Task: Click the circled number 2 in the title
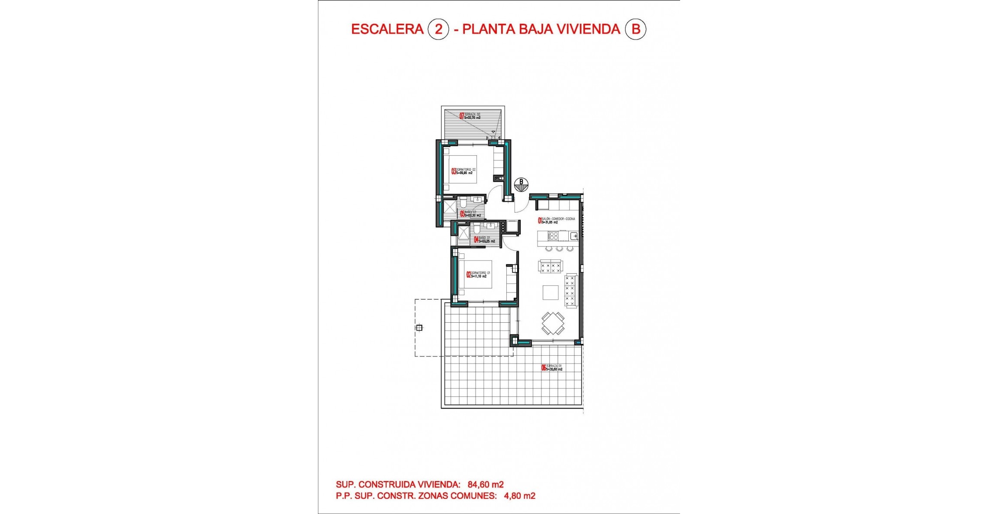(x=438, y=29)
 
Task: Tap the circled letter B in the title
(x=635, y=29)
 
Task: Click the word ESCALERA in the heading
(x=387, y=29)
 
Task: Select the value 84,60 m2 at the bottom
(x=486, y=485)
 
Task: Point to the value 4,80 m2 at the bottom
(x=520, y=496)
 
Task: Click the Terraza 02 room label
(x=470, y=116)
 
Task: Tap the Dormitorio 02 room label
(x=464, y=171)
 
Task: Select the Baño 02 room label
(x=471, y=214)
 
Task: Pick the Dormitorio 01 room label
(x=479, y=275)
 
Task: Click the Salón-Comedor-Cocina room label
(x=557, y=220)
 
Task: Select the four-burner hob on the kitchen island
(x=553, y=236)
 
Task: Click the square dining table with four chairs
(x=553, y=323)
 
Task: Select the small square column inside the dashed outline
(x=419, y=328)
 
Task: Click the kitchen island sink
(x=574, y=236)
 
